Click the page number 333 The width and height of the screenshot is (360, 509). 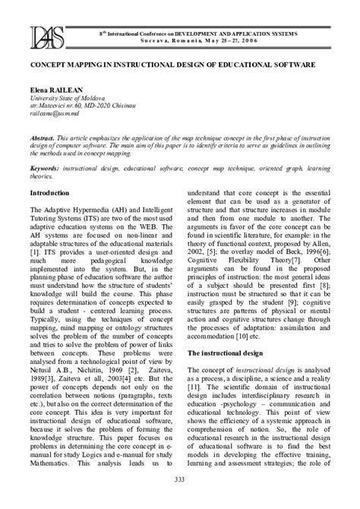tap(179, 478)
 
